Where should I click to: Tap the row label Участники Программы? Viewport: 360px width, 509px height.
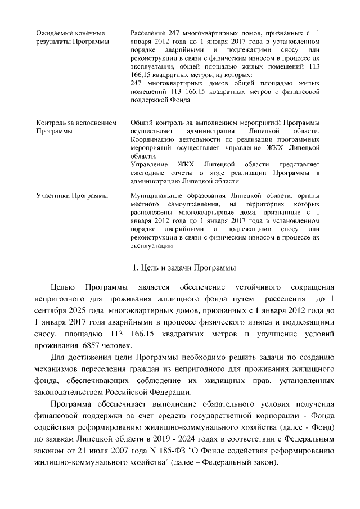(71, 196)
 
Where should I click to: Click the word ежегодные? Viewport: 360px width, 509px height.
(147, 172)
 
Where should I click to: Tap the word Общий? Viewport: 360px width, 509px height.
(141, 123)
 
